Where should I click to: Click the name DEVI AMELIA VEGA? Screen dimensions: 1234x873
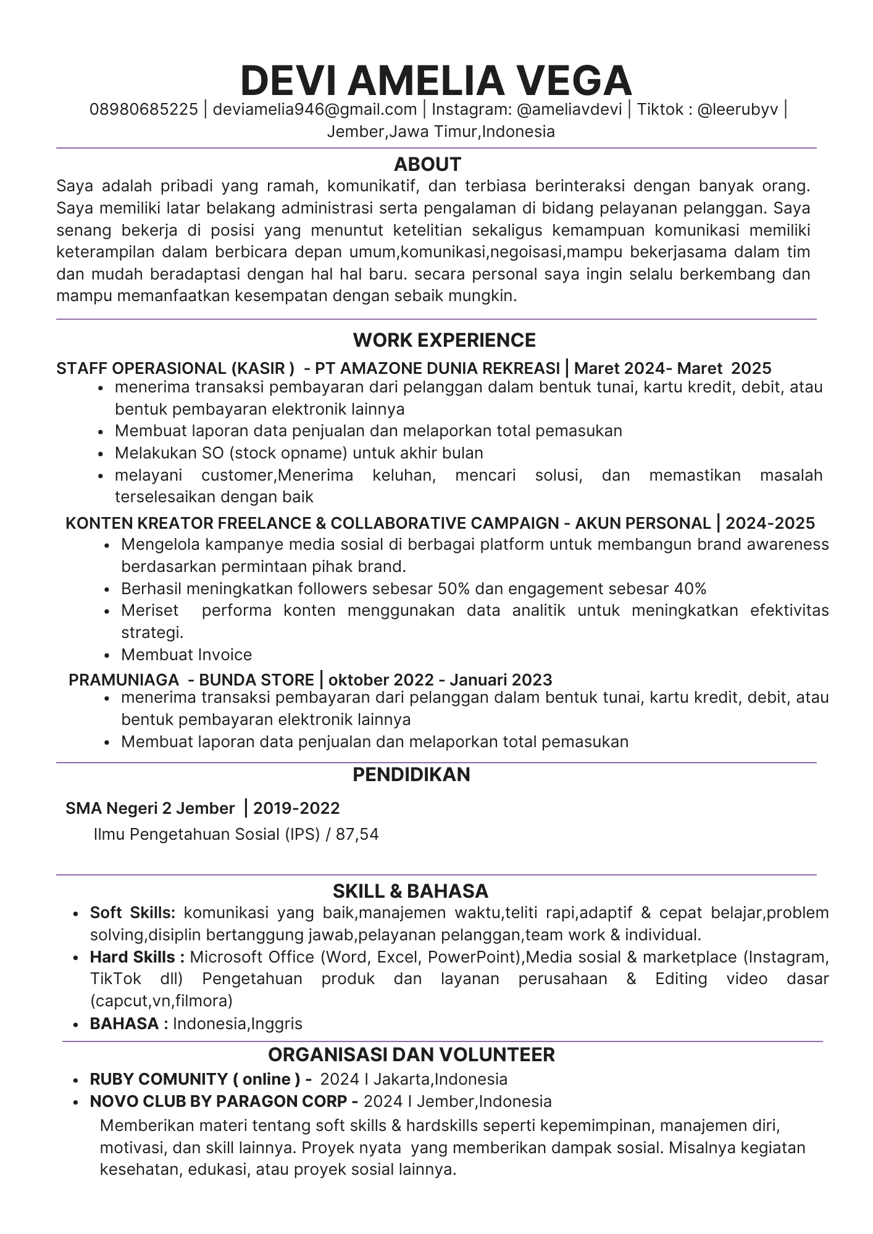tap(436, 80)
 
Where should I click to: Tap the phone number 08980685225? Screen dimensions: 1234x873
tap(144, 110)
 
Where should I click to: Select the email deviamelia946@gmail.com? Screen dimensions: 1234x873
tap(315, 110)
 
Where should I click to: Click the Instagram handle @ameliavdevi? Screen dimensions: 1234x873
tap(569, 110)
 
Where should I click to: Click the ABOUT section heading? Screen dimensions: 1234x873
tap(428, 164)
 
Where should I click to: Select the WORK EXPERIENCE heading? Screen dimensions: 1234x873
tap(445, 340)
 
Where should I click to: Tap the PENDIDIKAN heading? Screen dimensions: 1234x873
tap(411, 774)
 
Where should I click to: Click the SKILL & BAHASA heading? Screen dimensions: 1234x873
tap(411, 891)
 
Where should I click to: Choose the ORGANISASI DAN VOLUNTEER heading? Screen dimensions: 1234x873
tap(411, 1054)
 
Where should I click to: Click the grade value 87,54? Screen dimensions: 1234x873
tap(357, 835)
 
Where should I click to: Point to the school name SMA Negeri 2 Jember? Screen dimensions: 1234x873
tap(150, 808)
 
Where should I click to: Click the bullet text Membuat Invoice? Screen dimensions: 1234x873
tap(186, 655)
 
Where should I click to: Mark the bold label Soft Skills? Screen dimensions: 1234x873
tap(133, 913)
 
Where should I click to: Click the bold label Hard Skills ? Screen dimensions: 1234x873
tap(137, 957)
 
